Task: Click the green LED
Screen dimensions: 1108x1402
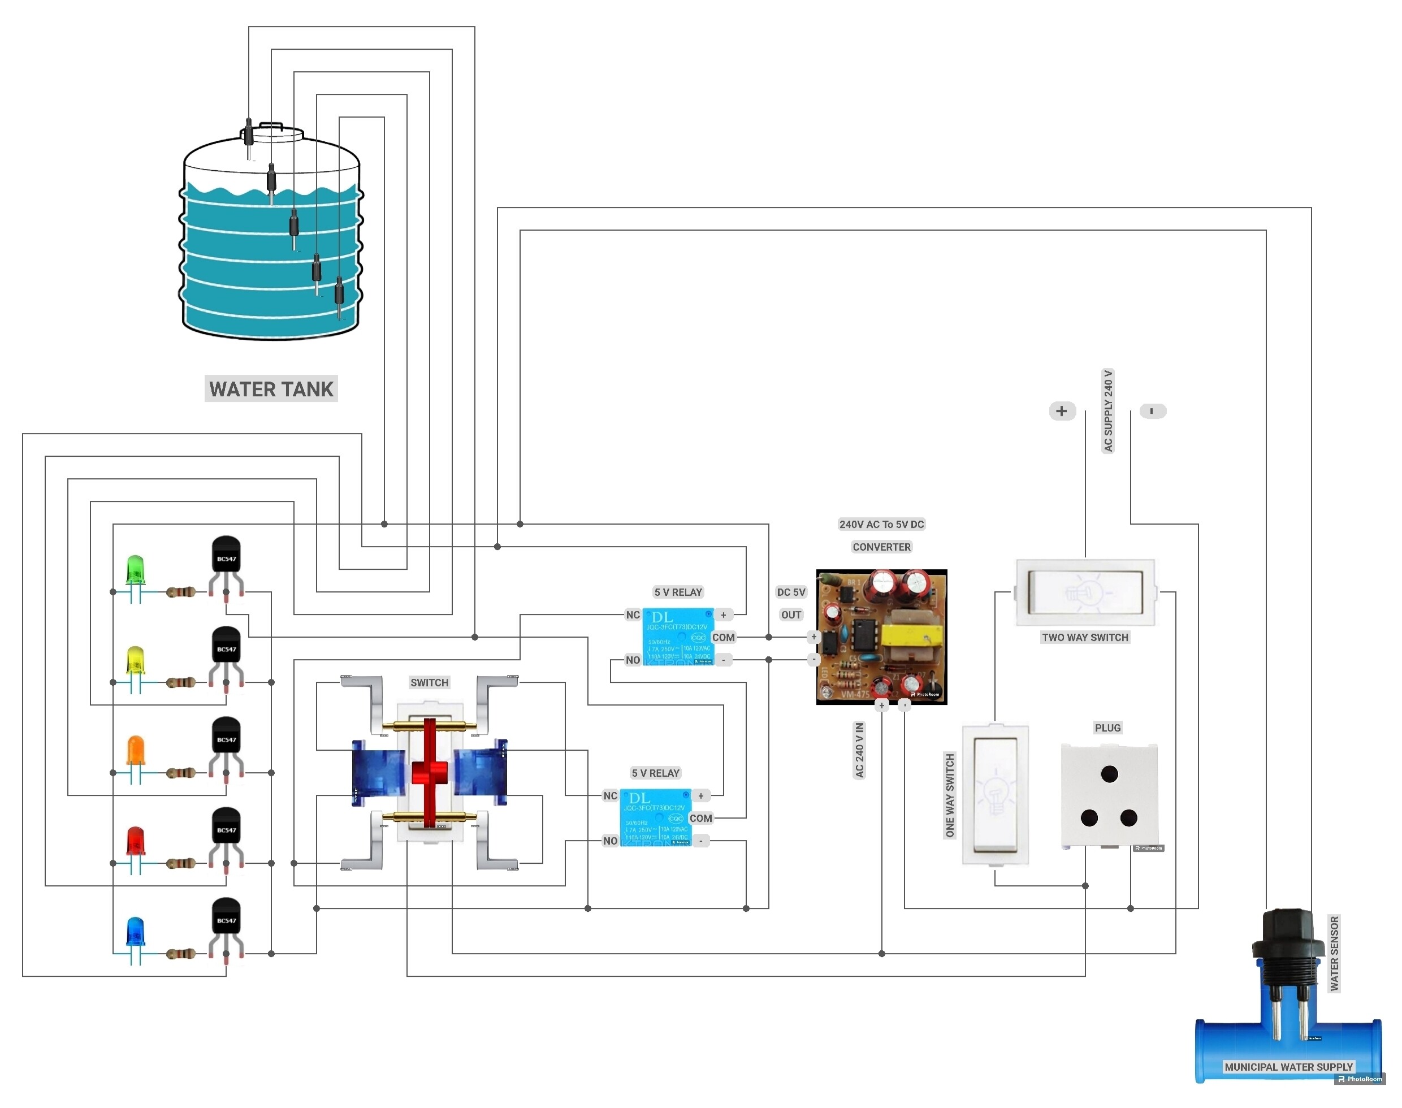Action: (135, 569)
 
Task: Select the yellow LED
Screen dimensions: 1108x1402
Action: (135, 660)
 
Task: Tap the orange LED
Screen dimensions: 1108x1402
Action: (135, 751)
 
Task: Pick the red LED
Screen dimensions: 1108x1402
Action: (135, 841)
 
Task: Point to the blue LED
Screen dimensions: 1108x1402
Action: (135, 932)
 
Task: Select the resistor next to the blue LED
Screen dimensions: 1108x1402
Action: (180, 954)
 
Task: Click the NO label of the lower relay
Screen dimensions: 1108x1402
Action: (610, 841)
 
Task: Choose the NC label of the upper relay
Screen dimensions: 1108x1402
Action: (633, 614)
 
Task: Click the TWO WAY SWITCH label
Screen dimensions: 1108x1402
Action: (1085, 637)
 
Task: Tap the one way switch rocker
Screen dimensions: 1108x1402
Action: (994, 795)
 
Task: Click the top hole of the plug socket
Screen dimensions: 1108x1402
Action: (1109, 773)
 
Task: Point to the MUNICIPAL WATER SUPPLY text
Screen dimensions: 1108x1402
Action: (1288, 1067)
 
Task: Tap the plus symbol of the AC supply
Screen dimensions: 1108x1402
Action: (1062, 410)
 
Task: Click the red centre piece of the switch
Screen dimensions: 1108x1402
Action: (429, 772)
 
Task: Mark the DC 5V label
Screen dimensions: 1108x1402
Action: (791, 592)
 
